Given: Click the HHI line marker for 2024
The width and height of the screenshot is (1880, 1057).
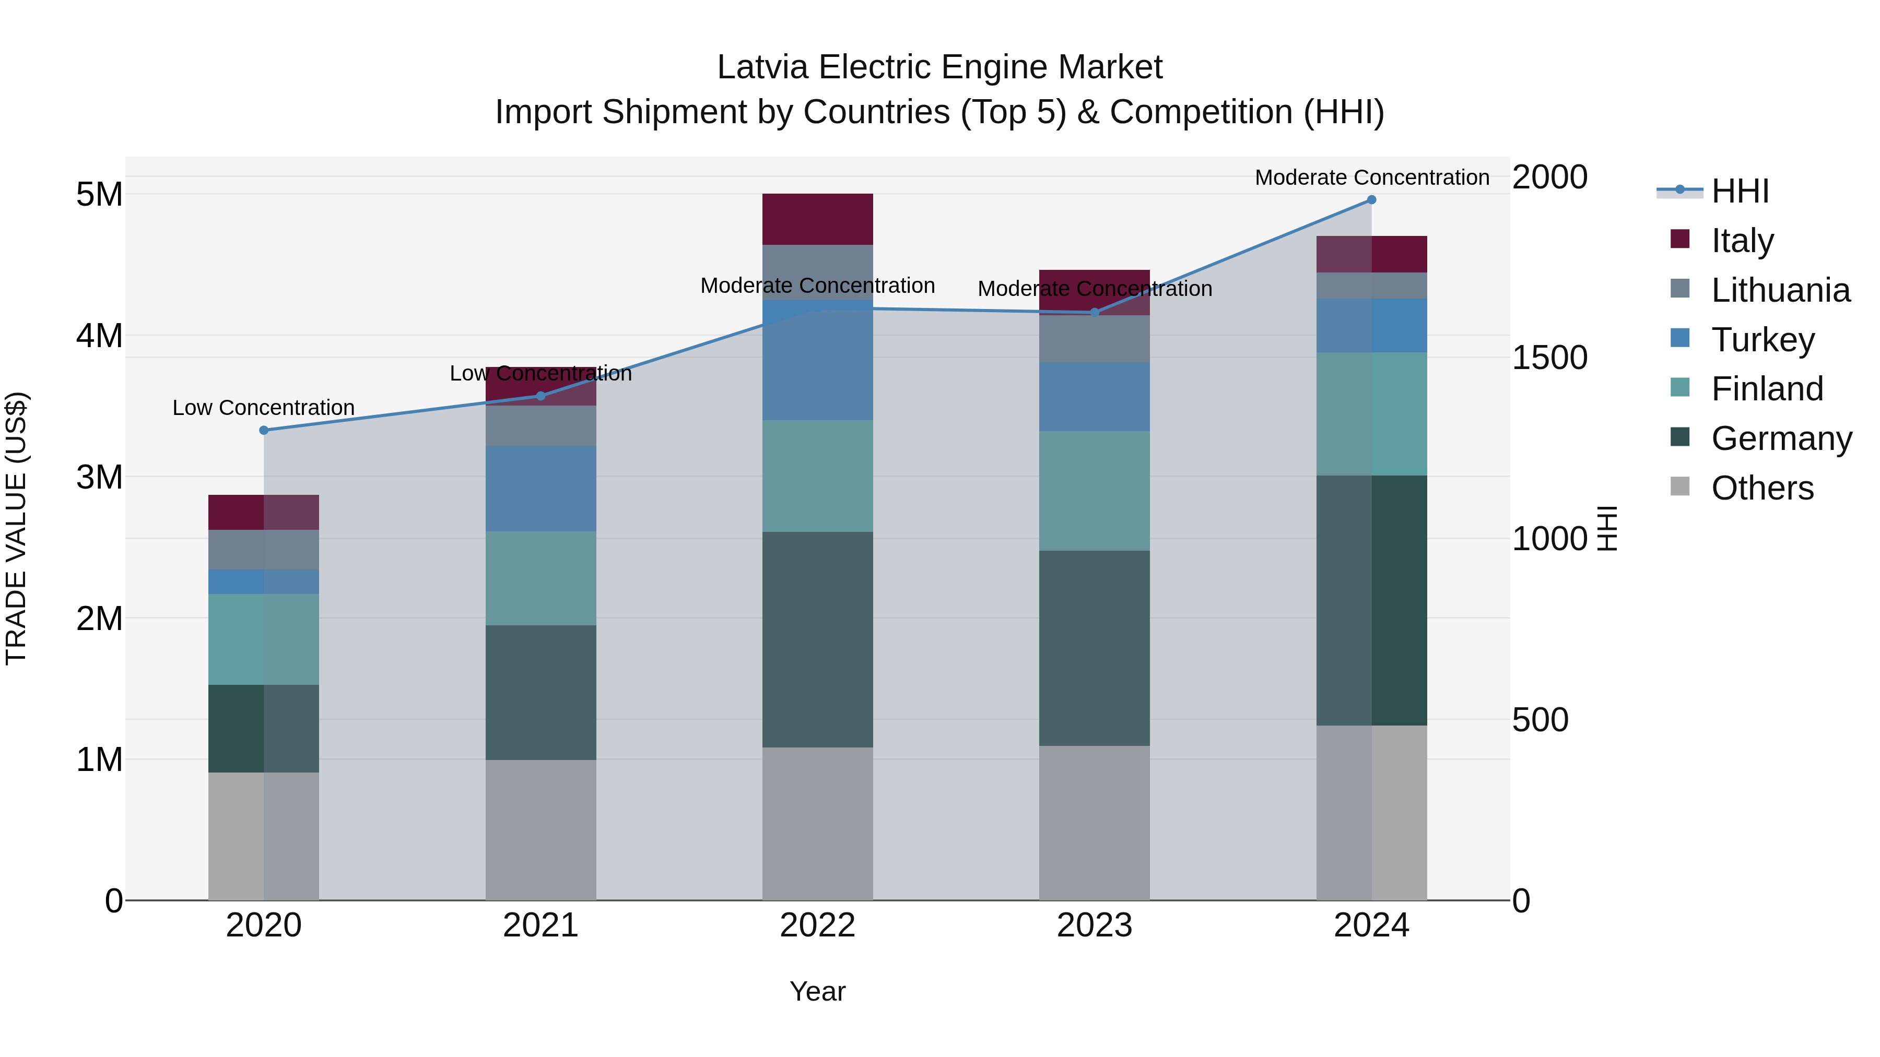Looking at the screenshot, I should (x=1371, y=200).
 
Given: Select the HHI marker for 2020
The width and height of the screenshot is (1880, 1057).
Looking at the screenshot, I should (x=264, y=431).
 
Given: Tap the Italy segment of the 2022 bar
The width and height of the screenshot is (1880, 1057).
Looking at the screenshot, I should (x=817, y=219).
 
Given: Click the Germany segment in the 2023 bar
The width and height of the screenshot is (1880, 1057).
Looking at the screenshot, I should (x=1094, y=648).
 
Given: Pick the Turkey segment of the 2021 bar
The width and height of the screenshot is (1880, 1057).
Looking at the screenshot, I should (x=541, y=488).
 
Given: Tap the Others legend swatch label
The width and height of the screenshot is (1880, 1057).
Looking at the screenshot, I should (x=1762, y=488).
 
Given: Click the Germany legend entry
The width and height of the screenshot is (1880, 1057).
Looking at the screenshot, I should (x=1781, y=438).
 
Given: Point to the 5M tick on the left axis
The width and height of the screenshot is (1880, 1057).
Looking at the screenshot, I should (x=99, y=195).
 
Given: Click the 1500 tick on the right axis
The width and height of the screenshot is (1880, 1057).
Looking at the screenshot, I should (x=1549, y=358).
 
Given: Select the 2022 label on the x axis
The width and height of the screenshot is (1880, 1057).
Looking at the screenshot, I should (x=817, y=925).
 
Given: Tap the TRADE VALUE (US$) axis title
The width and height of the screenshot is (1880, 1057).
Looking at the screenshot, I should (x=16, y=528).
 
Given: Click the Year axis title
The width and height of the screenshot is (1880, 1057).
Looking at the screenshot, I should (x=817, y=991).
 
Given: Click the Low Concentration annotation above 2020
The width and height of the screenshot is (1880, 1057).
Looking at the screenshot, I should (x=264, y=408).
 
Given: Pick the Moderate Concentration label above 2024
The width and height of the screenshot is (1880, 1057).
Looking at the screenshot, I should (x=1371, y=177).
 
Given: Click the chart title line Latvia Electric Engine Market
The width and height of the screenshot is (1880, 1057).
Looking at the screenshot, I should (x=939, y=67).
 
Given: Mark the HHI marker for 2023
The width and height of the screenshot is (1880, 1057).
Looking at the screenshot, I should (x=1094, y=312).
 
